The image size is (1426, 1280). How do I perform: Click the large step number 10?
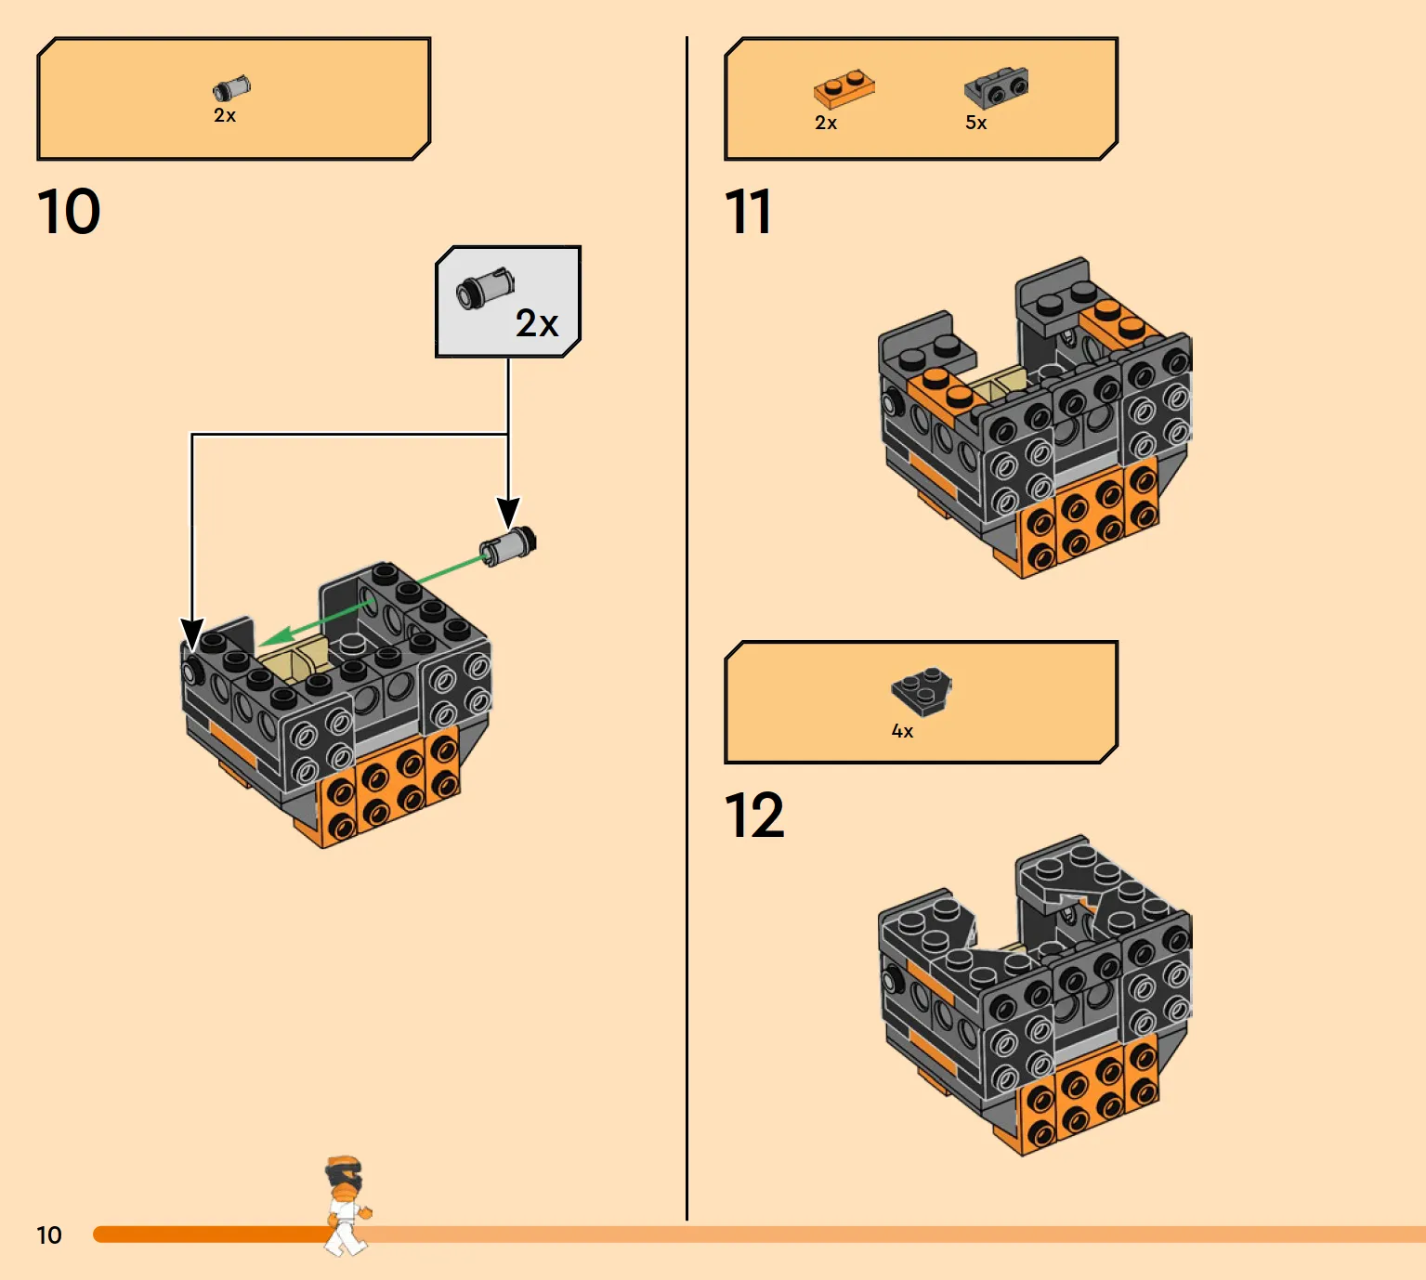click(68, 211)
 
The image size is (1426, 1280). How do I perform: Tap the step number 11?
click(748, 211)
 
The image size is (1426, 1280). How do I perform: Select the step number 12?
click(753, 815)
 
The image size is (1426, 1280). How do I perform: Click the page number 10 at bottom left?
click(49, 1235)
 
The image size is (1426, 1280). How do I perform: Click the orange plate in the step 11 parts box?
click(844, 88)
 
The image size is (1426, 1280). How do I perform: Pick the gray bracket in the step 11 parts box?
click(996, 88)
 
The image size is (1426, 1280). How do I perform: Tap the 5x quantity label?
click(975, 124)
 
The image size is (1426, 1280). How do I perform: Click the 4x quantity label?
click(902, 731)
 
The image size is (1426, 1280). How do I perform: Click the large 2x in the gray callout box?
click(536, 323)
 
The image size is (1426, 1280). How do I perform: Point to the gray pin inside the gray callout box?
click(484, 289)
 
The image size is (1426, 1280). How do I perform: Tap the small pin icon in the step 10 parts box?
click(231, 89)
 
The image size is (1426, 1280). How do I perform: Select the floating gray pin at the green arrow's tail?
click(507, 546)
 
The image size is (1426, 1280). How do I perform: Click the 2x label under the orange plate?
click(826, 124)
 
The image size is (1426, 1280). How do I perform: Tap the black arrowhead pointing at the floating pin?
click(508, 512)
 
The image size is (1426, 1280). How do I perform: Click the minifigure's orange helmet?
click(344, 1165)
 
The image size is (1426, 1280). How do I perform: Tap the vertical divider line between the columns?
click(687, 628)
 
